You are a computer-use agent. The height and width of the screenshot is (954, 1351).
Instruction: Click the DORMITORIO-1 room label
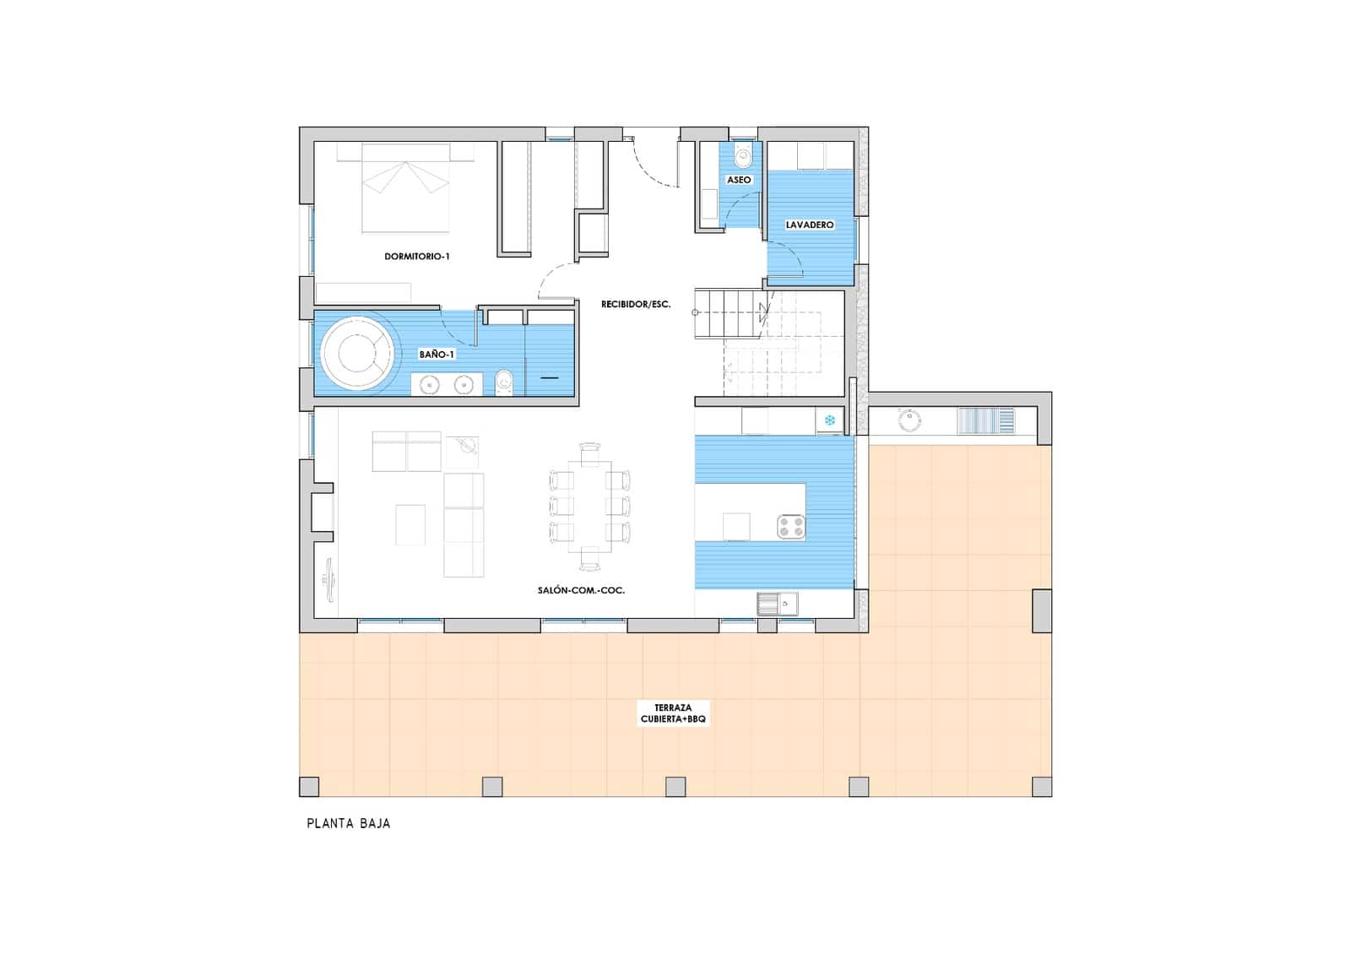click(x=416, y=256)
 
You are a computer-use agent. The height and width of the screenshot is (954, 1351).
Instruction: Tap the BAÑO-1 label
click(x=437, y=355)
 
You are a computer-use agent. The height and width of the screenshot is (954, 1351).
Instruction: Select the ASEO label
click(x=739, y=180)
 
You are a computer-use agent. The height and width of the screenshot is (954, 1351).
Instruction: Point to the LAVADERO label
click(x=810, y=225)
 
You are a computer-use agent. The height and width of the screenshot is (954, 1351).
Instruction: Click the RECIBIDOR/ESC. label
click(x=636, y=304)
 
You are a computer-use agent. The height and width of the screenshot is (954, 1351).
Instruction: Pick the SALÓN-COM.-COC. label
click(x=581, y=590)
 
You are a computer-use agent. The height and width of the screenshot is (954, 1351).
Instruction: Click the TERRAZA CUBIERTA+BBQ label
click(x=673, y=713)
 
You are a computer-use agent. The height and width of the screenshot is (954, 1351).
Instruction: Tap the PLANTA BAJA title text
click(x=348, y=823)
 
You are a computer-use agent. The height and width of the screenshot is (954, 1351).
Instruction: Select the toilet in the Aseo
click(x=743, y=156)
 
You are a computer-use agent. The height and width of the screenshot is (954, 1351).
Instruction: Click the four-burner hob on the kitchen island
click(x=791, y=527)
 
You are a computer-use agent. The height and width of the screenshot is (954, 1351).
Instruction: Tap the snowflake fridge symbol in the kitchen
click(x=829, y=420)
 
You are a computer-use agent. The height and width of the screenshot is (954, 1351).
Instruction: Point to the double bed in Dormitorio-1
click(x=405, y=187)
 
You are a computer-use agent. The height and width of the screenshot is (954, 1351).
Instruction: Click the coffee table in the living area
click(x=410, y=523)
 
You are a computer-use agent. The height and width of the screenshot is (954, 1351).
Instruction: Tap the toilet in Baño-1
click(x=505, y=382)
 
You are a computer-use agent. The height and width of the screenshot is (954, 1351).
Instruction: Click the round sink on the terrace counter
click(x=909, y=420)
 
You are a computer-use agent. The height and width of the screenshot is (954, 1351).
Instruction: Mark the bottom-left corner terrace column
click(x=310, y=787)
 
